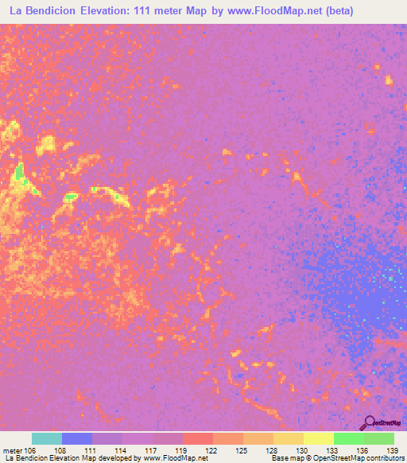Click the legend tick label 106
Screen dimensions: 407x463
[31, 449]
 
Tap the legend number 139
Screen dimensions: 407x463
[390, 449]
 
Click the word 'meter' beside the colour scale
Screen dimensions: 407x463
[14, 449]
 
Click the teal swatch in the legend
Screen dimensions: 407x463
[47, 438]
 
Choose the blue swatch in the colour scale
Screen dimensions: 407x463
[77, 438]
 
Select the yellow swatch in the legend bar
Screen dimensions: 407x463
[318, 438]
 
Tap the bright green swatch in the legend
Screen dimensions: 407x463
[348, 438]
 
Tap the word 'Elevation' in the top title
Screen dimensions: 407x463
[115, 11]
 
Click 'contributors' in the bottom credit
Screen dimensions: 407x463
[384, 458]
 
